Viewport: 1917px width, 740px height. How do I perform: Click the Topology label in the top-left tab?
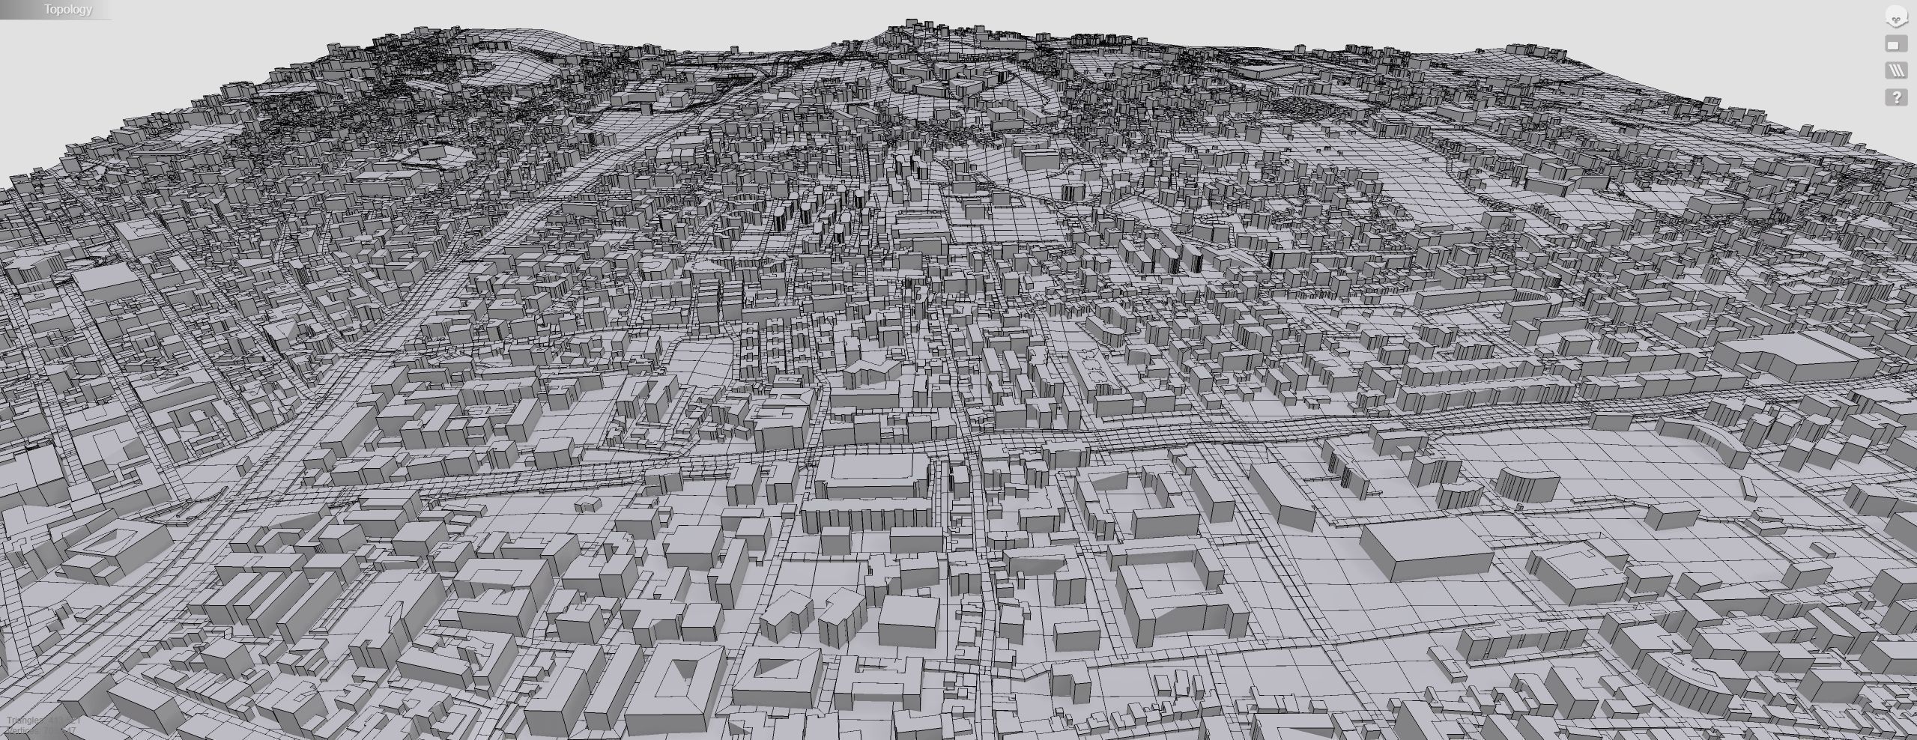tap(67, 10)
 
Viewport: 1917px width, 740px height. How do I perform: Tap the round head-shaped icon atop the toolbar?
tap(1896, 16)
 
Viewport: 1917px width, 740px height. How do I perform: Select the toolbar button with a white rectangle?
tap(1896, 45)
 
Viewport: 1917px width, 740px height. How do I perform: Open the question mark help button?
tap(1896, 97)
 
